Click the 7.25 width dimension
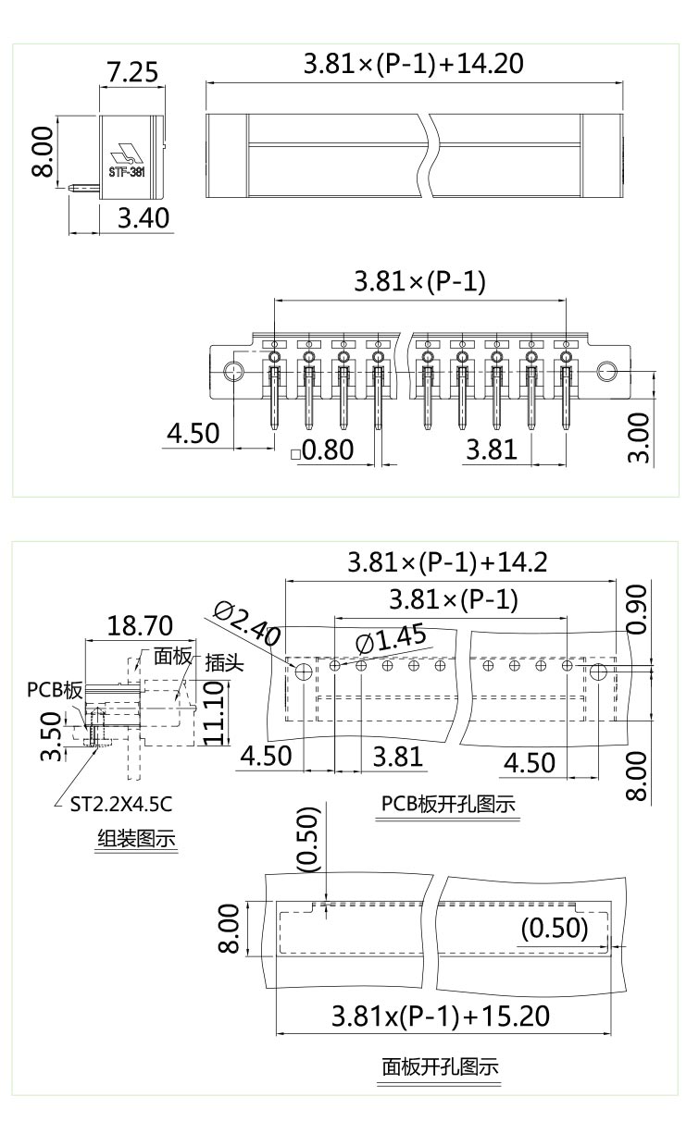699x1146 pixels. (x=131, y=71)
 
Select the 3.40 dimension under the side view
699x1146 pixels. (x=144, y=219)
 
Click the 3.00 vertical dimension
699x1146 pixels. (x=641, y=437)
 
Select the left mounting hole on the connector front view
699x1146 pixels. (x=234, y=373)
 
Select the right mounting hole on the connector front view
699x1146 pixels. (x=606, y=373)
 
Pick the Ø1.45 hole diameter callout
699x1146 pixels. (x=390, y=638)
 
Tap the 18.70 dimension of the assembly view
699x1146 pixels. (x=140, y=626)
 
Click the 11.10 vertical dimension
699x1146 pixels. (x=214, y=712)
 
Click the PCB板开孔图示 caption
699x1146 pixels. (x=448, y=804)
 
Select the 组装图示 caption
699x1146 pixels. (x=137, y=838)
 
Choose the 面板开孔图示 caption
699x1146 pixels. (x=441, y=1066)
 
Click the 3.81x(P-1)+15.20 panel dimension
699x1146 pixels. (x=441, y=1016)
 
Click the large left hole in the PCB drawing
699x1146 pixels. (x=303, y=671)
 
